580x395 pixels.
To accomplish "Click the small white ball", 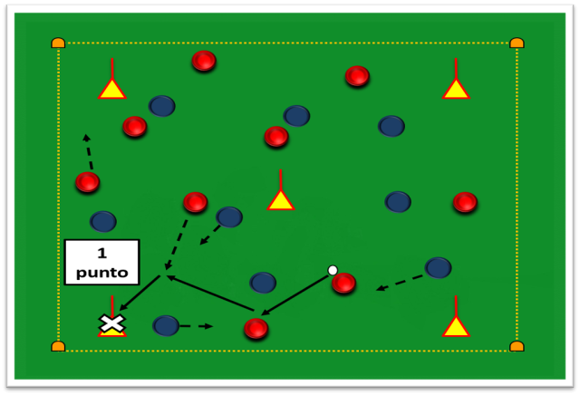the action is [333, 270].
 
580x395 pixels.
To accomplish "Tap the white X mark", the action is [111, 323].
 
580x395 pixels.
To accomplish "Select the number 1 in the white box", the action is [102, 254].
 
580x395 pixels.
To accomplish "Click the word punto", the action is [102, 273].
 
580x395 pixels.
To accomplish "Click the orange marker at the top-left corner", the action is [58, 43].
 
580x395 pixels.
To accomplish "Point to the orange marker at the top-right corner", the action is [517, 43].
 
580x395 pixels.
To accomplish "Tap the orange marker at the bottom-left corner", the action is [58, 347].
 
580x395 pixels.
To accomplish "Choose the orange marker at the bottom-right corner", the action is [517, 347].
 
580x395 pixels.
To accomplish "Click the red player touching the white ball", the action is [344, 284].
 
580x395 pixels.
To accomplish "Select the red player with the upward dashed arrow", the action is [88, 182].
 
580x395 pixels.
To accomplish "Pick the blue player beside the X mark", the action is [166, 326].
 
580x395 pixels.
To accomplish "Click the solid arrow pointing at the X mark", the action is [140, 293].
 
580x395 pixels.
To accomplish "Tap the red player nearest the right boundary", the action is [465, 202].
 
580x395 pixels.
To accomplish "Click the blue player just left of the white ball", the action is [263, 283].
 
